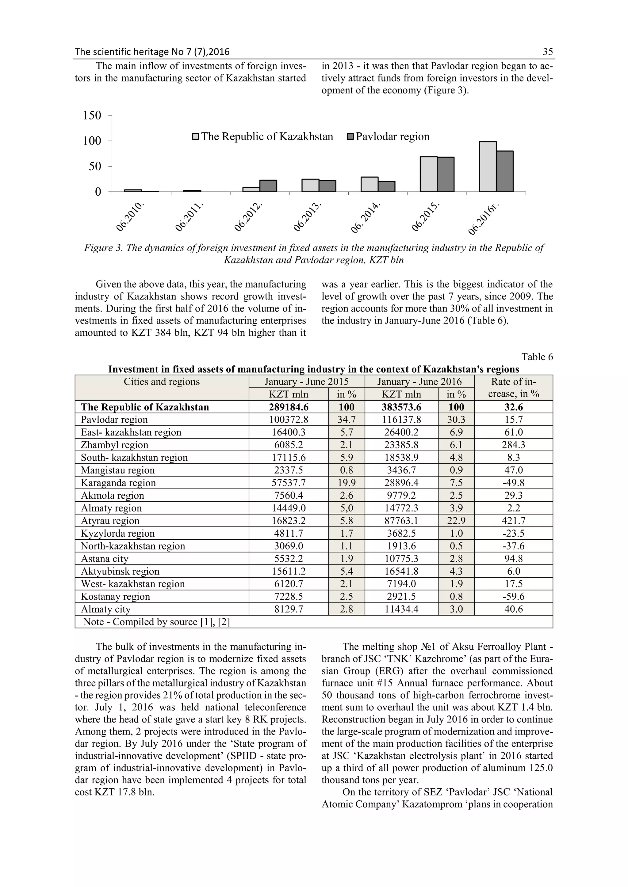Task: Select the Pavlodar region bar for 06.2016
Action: (505, 171)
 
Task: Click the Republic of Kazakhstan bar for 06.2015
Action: (428, 174)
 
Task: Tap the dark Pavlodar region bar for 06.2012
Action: (268, 186)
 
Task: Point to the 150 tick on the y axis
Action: (92, 115)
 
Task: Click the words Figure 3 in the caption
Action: (103, 248)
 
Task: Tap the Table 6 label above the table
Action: (537, 357)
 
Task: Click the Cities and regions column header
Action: (162, 382)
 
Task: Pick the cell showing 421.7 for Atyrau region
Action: (513, 521)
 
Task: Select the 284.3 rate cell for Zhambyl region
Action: (513, 445)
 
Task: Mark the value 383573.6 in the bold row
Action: (402, 407)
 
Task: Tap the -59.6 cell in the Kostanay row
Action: (513, 596)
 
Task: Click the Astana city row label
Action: (104, 559)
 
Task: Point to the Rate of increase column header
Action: (513, 387)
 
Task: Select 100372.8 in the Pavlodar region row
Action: (289, 420)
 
